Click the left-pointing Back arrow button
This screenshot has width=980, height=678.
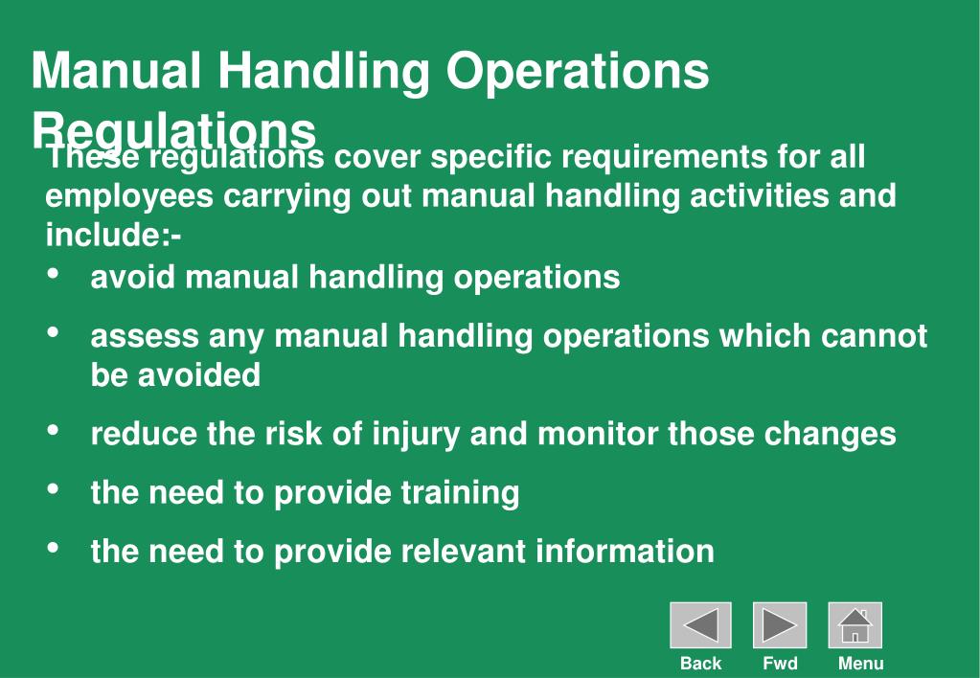[700, 625]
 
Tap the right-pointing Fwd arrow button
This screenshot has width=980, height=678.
[780, 625]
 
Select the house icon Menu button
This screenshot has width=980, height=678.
[855, 625]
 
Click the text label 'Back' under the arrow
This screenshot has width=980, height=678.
[700, 663]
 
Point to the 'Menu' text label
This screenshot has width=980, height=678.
[860, 663]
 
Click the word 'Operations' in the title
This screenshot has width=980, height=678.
[579, 71]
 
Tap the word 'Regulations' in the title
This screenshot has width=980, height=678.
[173, 129]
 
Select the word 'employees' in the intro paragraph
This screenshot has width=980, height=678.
[129, 195]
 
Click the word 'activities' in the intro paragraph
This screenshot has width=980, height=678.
[759, 195]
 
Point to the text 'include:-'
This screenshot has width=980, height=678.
[114, 234]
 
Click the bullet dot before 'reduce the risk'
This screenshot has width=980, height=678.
[54, 432]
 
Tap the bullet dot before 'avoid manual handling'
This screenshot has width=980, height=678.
[54, 275]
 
